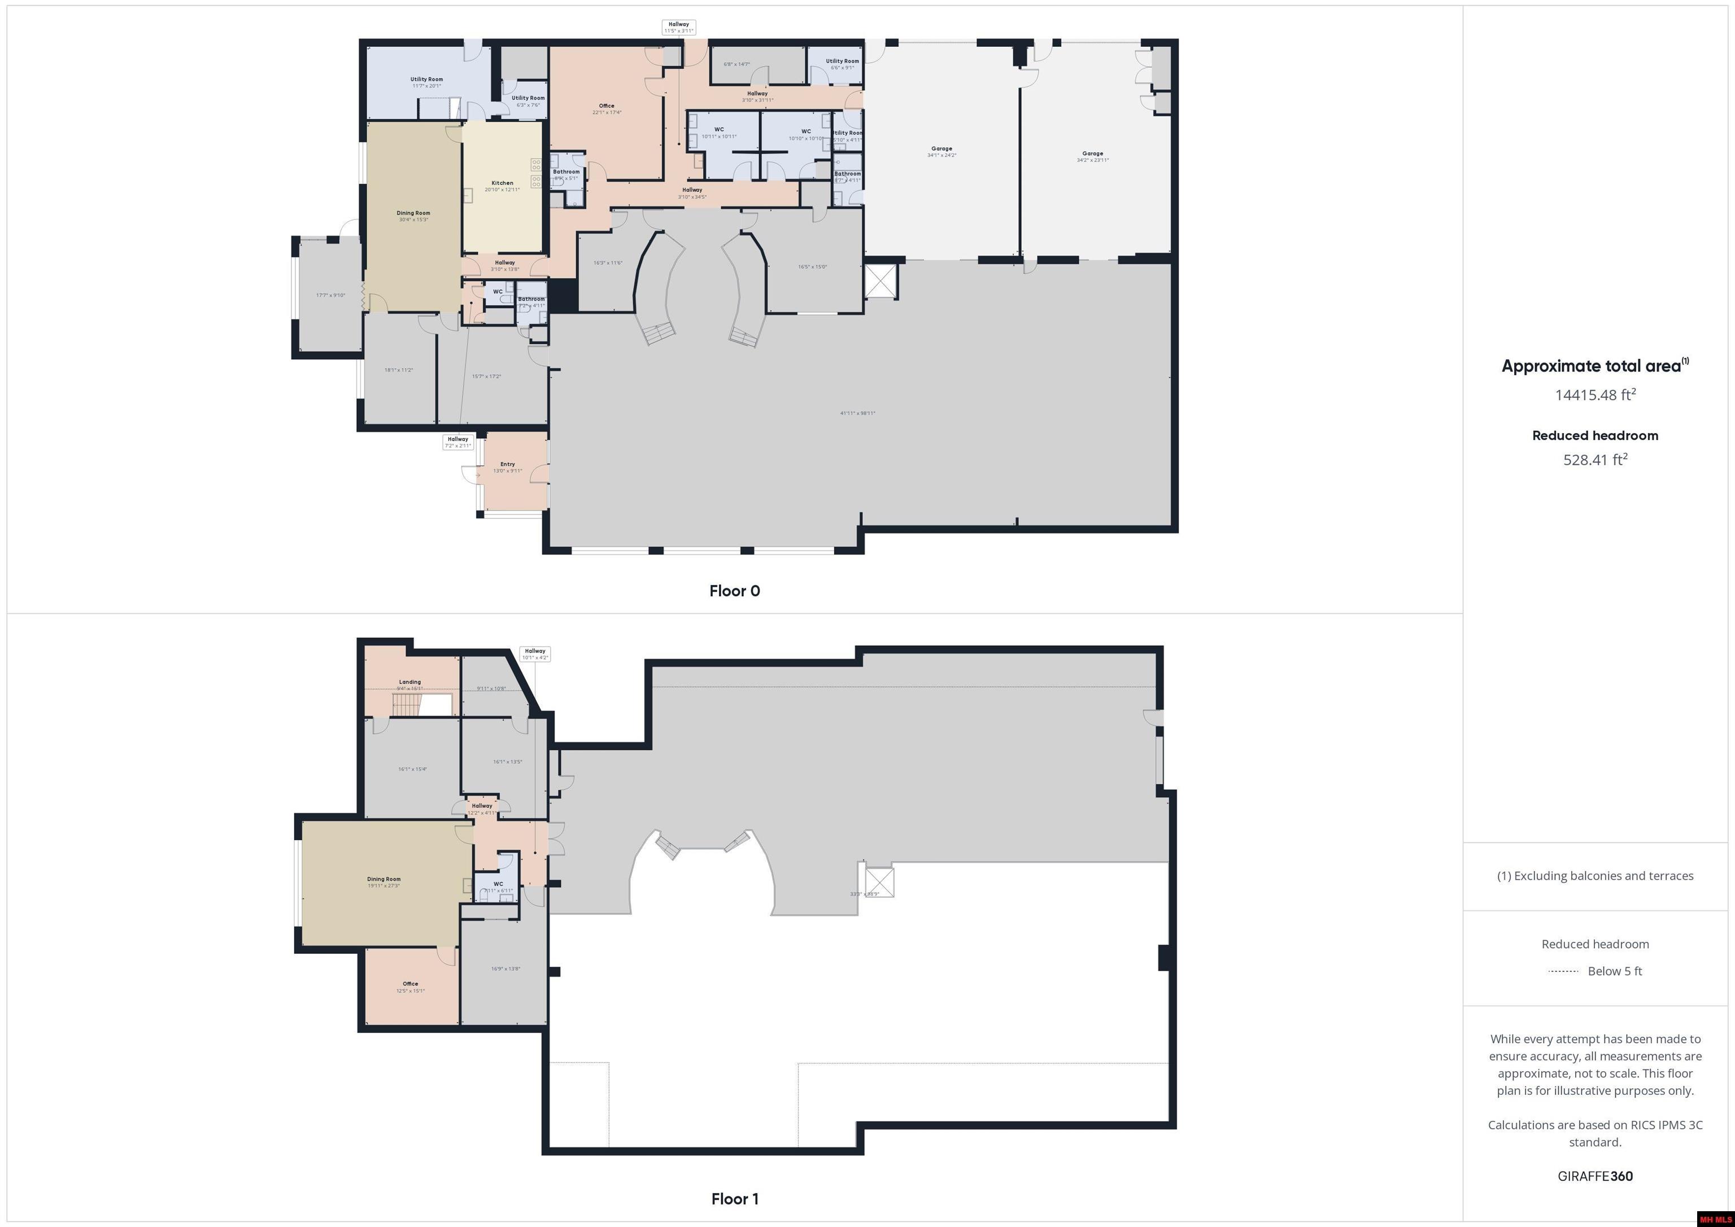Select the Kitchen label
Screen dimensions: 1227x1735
coord(502,183)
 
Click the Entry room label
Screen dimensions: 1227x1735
coord(507,465)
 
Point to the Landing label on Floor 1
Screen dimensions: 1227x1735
coord(409,682)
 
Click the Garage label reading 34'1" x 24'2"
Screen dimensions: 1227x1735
coord(941,149)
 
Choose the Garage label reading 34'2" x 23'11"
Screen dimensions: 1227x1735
coord(1093,154)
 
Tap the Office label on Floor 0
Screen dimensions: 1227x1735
coord(606,106)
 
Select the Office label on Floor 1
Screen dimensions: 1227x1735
coord(411,984)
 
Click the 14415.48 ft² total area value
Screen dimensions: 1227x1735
coord(1594,394)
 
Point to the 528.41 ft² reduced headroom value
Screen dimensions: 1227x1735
coord(1594,460)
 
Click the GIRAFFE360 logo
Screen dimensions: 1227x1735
coord(1594,1176)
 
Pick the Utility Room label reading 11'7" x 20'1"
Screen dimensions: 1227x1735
coord(426,79)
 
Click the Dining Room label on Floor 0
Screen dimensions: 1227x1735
coord(413,213)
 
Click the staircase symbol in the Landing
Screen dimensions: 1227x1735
coord(406,706)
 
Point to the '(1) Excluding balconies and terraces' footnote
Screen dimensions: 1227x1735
coord(1594,876)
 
